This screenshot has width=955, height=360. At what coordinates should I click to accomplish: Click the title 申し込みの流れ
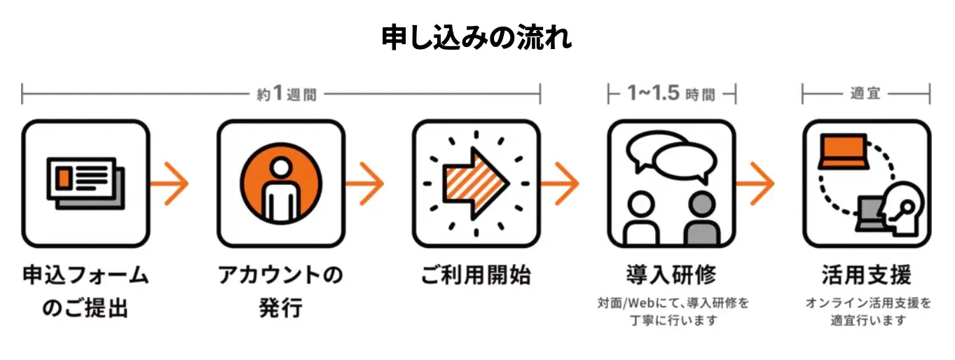pyautogui.click(x=476, y=38)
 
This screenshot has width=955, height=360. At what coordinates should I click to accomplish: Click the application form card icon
pyautogui.click(x=84, y=181)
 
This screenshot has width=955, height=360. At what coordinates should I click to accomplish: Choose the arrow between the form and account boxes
pyautogui.click(x=172, y=184)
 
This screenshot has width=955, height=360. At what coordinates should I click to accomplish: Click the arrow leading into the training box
pyautogui.click(x=563, y=184)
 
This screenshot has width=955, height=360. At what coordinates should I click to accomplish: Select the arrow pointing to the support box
pyautogui.click(x=757, y=184)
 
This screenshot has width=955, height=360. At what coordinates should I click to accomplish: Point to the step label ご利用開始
pyautogui.click(x=476, y=276)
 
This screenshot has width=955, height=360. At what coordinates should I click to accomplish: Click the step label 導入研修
pyautogui.click(x=671, y=275)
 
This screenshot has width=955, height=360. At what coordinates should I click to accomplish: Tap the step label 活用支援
pyautogui.click(x=866, y=275)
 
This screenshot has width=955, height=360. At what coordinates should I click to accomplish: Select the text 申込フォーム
pyautogui.click(x=85, y=276)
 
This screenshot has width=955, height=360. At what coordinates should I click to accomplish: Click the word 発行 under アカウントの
pyautogui.click(x=280, y=308)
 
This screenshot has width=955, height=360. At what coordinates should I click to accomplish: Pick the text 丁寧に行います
pyautogui.click(x=671, y=321)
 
